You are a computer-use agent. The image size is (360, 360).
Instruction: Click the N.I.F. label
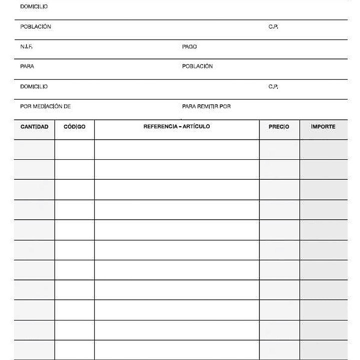[27, 47]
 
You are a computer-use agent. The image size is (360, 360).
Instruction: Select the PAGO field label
[189, 47]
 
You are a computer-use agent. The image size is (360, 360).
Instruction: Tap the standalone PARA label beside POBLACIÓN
[27, 67]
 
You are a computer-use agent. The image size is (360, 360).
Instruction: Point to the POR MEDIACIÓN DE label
[45, 107]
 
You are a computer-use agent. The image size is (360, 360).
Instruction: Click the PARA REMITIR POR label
[206, 107]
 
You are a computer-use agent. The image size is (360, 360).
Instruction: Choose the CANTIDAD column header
[35, 127]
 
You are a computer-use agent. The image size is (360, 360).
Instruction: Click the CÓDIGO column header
[75, 127]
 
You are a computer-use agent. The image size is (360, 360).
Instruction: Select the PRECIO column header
[279, 127]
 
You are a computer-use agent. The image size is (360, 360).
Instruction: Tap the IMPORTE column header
[323, 127]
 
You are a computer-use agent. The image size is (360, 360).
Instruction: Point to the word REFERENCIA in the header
[161, 127]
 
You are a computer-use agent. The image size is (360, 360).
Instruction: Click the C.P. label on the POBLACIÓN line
[273, 27]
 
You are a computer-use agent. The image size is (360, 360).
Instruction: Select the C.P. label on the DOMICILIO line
[273, 87]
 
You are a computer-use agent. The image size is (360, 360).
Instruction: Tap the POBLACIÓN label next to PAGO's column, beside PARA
[197, 67]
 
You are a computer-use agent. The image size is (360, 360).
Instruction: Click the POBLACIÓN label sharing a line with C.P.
[36, 27]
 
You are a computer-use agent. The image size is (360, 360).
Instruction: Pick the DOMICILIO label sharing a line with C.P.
[34, 87]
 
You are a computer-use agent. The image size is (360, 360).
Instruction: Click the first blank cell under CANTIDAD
[35, 149]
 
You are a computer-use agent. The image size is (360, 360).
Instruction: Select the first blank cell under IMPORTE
[323, 149]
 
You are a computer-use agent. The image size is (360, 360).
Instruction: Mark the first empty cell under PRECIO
[279, 149]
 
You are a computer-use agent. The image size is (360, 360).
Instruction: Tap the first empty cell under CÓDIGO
[75, 149]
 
